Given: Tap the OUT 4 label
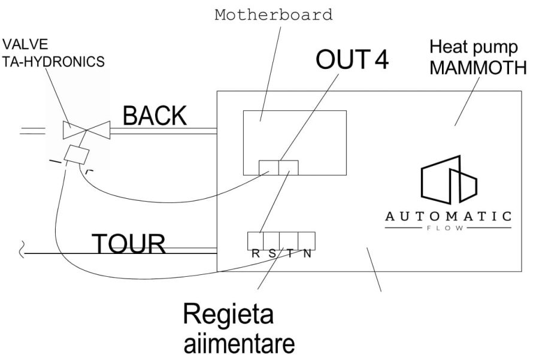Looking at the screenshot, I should pyautogui.click(x=352, y=61).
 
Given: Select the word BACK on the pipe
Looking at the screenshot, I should pyautogui.click(x=155, y=116).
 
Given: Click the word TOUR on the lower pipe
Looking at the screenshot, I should pyautogui.click(x=128, y=244).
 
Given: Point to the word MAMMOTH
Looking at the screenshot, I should pyautogui.click(x=479, y=68).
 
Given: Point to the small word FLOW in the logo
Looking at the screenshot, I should pyautogui.click(x=448, y=228).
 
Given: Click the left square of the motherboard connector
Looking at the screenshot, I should pyautogui.click(x=268, y=168).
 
